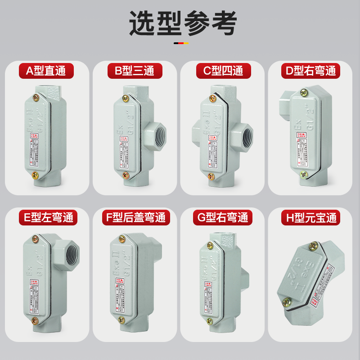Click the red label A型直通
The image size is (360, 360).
[x=46, y=71]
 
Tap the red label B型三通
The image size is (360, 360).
[x=135, y=71]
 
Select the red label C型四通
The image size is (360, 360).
[x=223, y=71]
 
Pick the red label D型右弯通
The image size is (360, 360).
[x=311, y=71]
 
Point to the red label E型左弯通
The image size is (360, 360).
[x=46, y=218]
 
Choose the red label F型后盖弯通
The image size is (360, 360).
[x=135, y=218]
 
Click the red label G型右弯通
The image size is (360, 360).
[x=223, y=218]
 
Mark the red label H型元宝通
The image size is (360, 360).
[x=311, y=218]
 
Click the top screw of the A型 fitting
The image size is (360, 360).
[x=36, y=97]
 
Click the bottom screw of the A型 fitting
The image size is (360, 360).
[x=35, y=176]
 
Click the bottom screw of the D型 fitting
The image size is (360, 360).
[x=304, y=174]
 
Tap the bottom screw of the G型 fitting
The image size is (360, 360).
[x=209, y=321]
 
